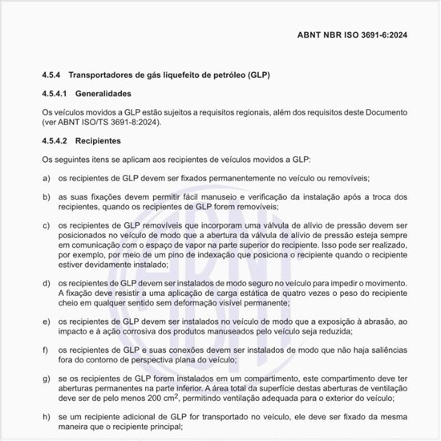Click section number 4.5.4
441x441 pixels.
click(52, 75)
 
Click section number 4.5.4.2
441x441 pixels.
click(56, 141)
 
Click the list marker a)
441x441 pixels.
click(46, 177)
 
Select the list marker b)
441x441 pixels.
click(46, 196)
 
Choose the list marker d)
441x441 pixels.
click(46, 283)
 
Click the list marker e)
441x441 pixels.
click(46, 322)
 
